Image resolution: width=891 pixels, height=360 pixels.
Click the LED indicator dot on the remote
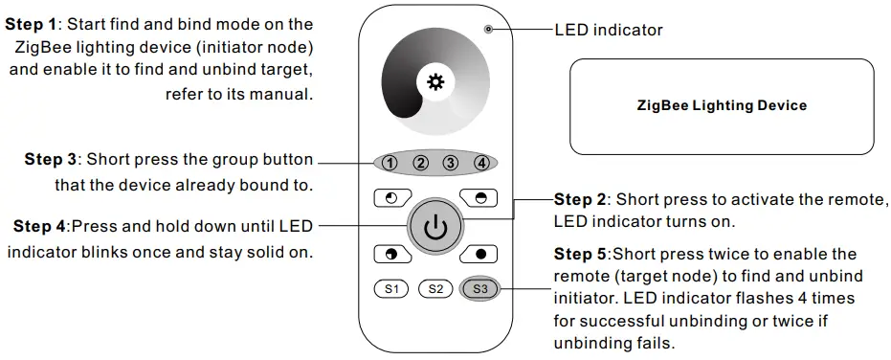(488, 30)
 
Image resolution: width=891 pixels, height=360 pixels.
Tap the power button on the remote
(435, 227)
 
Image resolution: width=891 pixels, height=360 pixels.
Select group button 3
(451, 163)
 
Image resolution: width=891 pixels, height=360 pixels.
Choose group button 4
(481, 163)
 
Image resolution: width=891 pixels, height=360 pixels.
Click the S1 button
(390, 288)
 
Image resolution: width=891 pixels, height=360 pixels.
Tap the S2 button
(435, 288)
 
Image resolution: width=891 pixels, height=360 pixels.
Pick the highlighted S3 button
(479, 288)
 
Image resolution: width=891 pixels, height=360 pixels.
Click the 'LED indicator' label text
(609, 31)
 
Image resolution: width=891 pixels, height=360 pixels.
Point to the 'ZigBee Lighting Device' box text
(722, 105)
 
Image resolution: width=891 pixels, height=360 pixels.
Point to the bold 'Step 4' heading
(39, 227)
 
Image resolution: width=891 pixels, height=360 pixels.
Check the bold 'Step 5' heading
(580, 254)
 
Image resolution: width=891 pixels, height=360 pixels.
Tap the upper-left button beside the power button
(390, 198)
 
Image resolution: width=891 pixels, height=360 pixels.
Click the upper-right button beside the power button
(479, 198)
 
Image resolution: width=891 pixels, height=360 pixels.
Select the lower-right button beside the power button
(479, 255)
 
